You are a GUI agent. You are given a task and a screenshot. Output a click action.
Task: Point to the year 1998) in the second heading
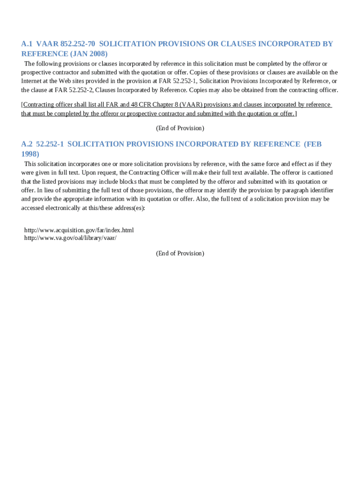30,154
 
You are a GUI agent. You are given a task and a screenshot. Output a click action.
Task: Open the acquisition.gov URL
79,230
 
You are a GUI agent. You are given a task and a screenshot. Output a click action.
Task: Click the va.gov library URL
70,238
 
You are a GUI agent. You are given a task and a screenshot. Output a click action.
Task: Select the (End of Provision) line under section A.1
180,128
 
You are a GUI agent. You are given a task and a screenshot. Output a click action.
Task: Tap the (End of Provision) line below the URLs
180,253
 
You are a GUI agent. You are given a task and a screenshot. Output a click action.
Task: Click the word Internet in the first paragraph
32,81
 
